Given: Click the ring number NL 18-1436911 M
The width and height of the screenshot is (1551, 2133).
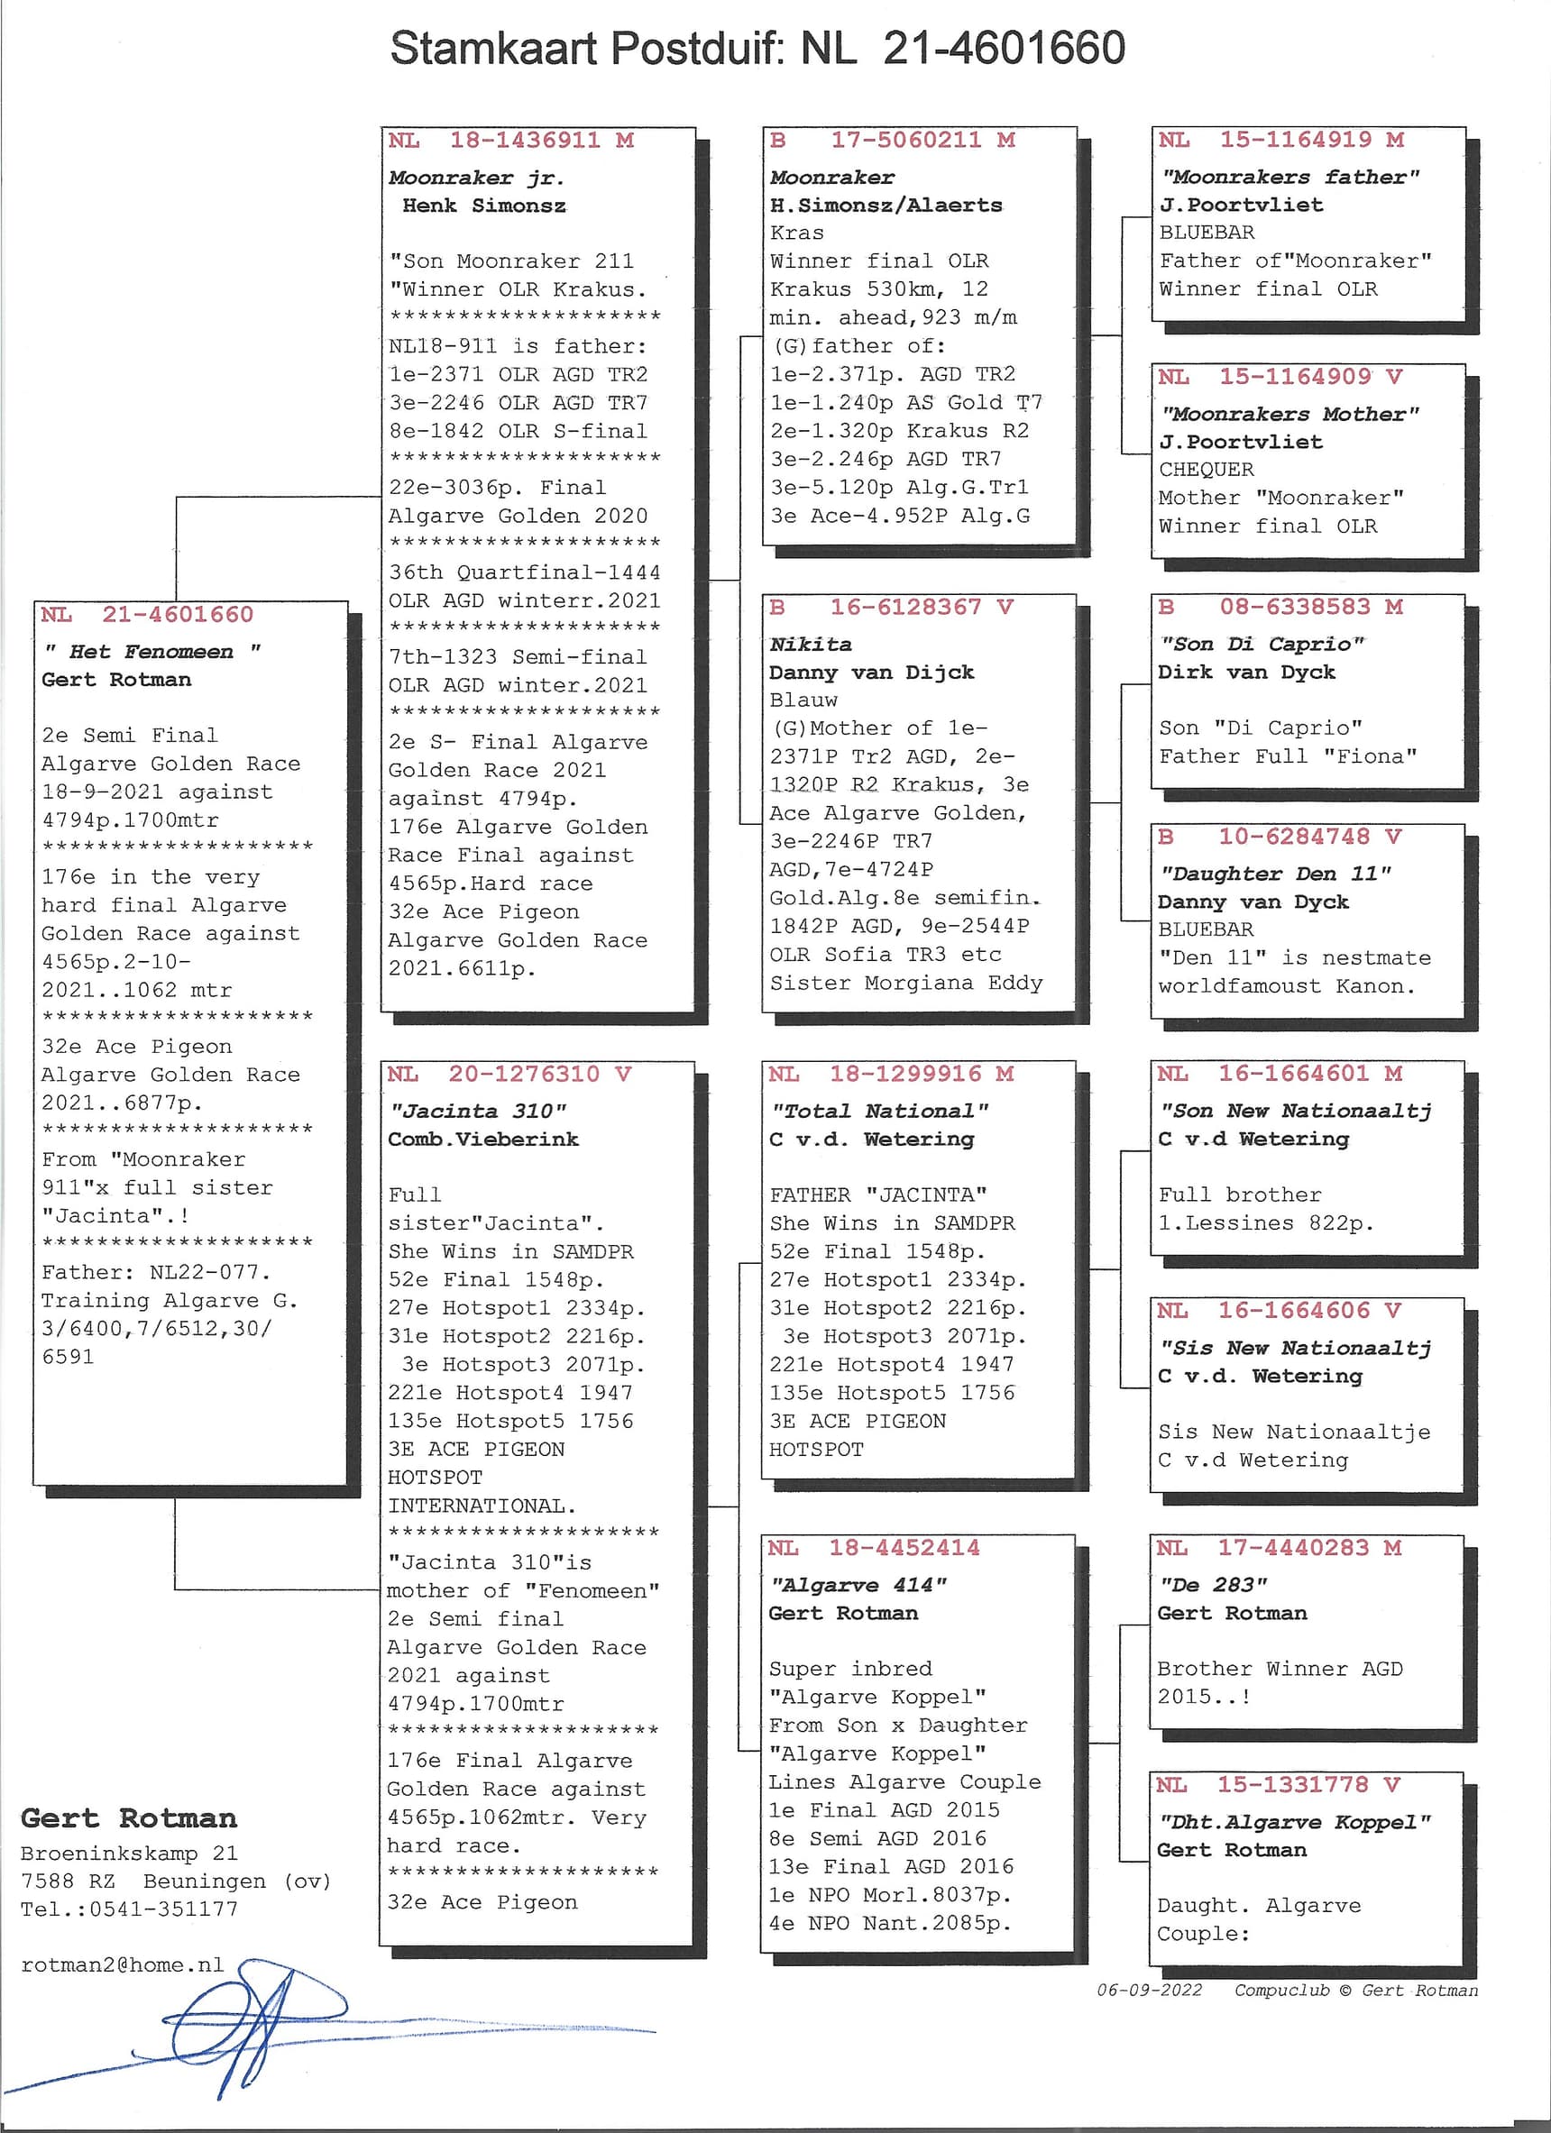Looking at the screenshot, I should tap(510, 141).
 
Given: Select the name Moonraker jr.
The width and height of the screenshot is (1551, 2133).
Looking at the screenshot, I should tap(476, 178).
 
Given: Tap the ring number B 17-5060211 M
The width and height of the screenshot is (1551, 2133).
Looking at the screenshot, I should tap(892, 141).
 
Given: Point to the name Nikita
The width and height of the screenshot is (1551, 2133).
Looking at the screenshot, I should tap(811, 645).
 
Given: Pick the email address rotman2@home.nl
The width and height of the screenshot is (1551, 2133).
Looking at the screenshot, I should tap(123, 1964).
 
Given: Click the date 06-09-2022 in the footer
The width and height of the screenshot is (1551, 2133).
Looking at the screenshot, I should tap(1150, 1990).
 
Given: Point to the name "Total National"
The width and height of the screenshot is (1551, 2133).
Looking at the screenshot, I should tap(879, 1111).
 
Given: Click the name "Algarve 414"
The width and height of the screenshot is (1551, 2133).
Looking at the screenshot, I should tap(858, 1585).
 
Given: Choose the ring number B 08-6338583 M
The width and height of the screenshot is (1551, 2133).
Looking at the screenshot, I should tap(1280, 608).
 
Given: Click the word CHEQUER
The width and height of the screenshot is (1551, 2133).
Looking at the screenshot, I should tap(1207, 470).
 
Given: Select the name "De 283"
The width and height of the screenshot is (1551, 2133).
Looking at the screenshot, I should tap(1214, 1585).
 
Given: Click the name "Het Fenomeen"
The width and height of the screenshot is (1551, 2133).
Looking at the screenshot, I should tap(151, 652).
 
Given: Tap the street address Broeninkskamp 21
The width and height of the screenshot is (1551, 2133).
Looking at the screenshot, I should tap(129, 1853).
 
